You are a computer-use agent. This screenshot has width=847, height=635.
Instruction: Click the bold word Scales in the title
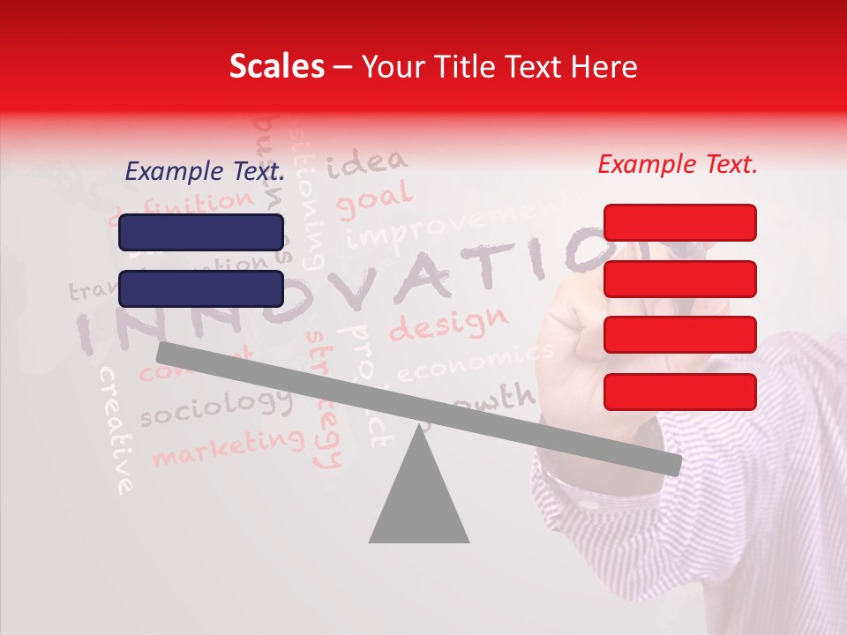tap(276, 67)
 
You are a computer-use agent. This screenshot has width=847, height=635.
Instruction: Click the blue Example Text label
tap(205, 172)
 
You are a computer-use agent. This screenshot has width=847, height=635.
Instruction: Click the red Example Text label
tap(678, 164)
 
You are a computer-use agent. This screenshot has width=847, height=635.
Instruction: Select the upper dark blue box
tap(201, 232)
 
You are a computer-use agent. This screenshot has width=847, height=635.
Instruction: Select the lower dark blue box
tap(201, 288)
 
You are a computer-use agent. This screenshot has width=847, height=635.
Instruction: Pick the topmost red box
tap(679, 222)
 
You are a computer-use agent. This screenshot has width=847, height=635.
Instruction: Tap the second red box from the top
tap(679, 279)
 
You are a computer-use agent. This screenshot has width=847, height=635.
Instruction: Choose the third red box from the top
tap(679, 335)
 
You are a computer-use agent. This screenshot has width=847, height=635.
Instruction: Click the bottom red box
tap(679, 392)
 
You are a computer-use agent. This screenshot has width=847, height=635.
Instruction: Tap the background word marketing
tap(228, 445)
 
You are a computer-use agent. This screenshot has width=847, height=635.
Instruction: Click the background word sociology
tap(215, 407)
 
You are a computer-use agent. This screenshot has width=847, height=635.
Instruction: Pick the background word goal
tap(374, 200)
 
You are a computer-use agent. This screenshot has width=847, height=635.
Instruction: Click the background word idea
tap(367, 162)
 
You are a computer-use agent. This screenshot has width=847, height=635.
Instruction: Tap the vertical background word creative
tap(116, 429)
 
